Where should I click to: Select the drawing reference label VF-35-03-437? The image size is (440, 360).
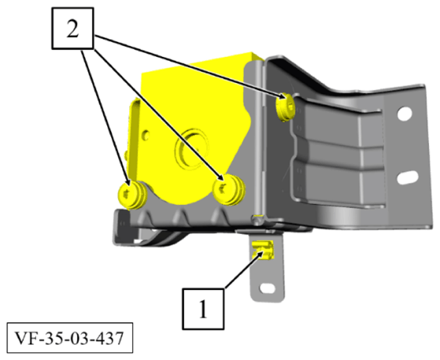coord(65,339)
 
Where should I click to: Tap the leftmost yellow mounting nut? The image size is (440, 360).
coord(130,194)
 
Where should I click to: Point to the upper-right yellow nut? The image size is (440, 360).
coord(286,107)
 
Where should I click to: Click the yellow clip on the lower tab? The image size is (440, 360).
coord(262,251)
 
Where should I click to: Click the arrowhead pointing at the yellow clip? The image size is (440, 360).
coord(258,259)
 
